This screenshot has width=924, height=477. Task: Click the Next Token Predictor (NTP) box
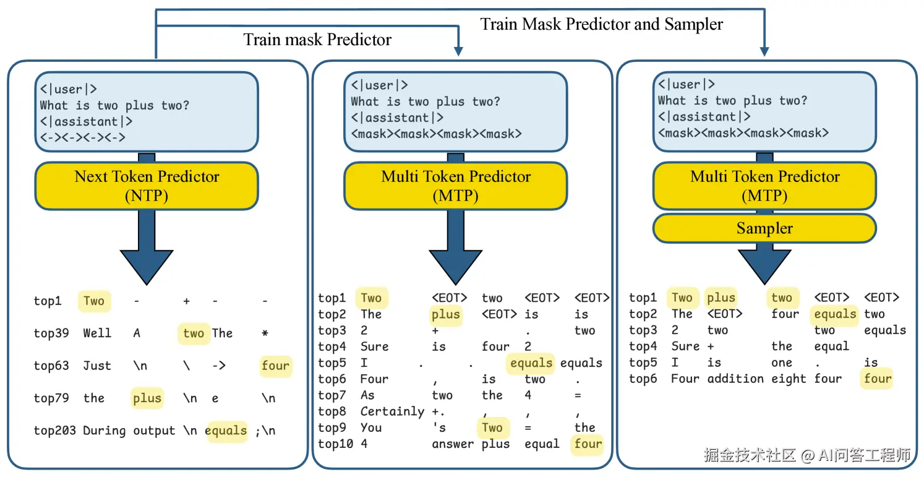coord(147,186)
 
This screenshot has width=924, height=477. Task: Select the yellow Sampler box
coord(764,228)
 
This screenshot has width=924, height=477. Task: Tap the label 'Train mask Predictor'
coord(317,40)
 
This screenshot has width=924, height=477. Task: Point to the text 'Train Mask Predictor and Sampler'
coord(602,24)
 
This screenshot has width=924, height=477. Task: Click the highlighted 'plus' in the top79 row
coord(147,398)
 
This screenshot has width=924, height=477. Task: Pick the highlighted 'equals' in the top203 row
coord(226,431)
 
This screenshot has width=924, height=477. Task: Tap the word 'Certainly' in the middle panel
coord(392,411)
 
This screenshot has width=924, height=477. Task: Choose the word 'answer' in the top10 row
coord(453,444)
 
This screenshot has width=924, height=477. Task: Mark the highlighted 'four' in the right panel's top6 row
coord(878,379)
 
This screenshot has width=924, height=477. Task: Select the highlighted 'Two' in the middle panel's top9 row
coord(492,428)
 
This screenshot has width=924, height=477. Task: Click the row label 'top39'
coord(51,333)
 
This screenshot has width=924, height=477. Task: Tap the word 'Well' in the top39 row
coord(97,333)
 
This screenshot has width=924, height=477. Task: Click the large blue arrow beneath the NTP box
coord(147,247)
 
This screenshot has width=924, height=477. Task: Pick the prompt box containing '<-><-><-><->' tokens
coord(147,112)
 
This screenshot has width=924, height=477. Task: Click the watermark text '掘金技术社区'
coord(750,456)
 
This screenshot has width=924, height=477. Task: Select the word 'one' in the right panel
coord(782,363)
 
